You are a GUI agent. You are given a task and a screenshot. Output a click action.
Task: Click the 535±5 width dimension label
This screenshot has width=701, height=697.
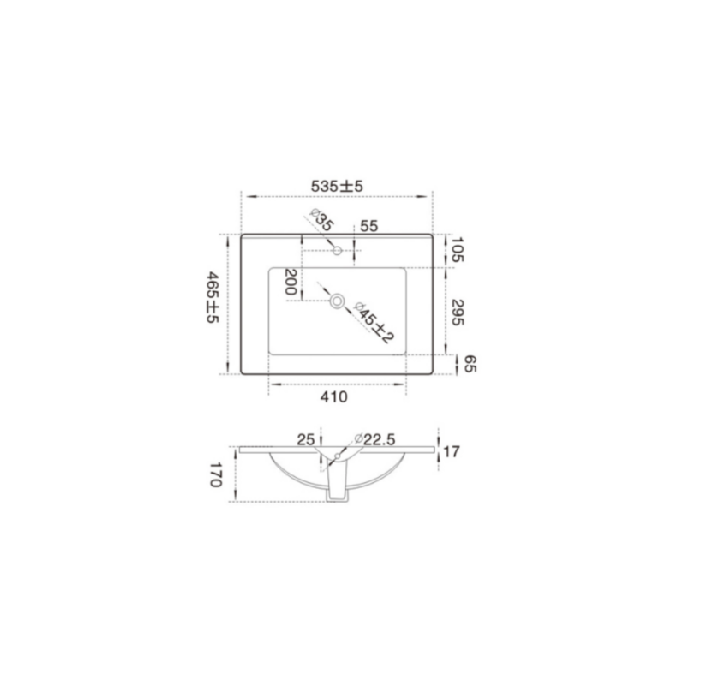tap(337, 186)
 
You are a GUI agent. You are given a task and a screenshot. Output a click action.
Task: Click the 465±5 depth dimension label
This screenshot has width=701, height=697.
tap(212, 297)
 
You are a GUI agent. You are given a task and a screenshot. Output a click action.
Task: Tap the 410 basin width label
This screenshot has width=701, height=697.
tap(333, 396)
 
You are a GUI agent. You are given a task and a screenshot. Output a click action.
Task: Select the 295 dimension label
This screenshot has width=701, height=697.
tap(458, 313)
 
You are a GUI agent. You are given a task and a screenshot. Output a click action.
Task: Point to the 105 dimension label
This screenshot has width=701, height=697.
tap(458, 249)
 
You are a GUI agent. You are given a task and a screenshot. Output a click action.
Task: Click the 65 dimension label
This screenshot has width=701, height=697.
tap(470, 364)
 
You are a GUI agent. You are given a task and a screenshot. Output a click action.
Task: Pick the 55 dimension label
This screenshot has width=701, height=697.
tap(369, 226)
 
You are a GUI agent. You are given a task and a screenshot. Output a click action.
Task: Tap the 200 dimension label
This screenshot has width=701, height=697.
tap(291, 282)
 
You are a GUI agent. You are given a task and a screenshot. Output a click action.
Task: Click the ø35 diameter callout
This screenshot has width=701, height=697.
tap(321, 220)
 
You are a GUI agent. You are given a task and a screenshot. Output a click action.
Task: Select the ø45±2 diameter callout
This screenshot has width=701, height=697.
tap(374, 323)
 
